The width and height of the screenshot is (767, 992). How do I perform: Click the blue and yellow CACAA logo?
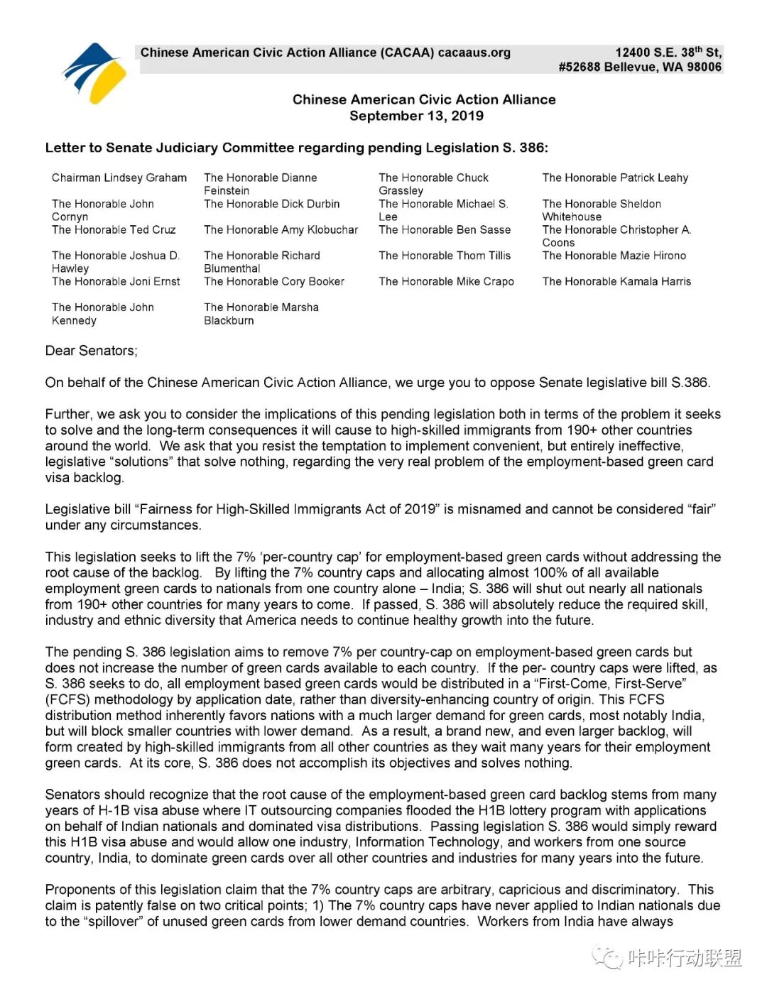(94, 72)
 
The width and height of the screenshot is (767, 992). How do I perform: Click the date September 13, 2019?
(416, 116)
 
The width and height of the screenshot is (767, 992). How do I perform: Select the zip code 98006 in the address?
(704, 67)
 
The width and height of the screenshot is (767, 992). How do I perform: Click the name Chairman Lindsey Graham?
(119, 178)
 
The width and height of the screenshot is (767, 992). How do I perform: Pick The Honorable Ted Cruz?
(114, 229)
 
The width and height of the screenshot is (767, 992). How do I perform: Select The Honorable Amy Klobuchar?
(281, 229)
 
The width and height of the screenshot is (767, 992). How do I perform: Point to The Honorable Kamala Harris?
(616, 281)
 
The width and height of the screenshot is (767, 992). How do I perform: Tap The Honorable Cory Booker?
(274, 281)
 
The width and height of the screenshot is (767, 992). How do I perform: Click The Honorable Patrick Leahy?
(615, 178)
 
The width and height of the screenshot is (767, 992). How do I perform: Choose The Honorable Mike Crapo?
(446, 281)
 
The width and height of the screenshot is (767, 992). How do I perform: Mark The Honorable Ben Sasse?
(445, 229)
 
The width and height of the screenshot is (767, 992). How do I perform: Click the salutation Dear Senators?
(91, 351)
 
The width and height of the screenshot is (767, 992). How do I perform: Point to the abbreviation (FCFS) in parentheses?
(66, 699)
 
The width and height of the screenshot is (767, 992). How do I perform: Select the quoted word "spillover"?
(113, 922)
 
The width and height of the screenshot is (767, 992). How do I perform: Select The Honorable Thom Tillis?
(445, 256)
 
